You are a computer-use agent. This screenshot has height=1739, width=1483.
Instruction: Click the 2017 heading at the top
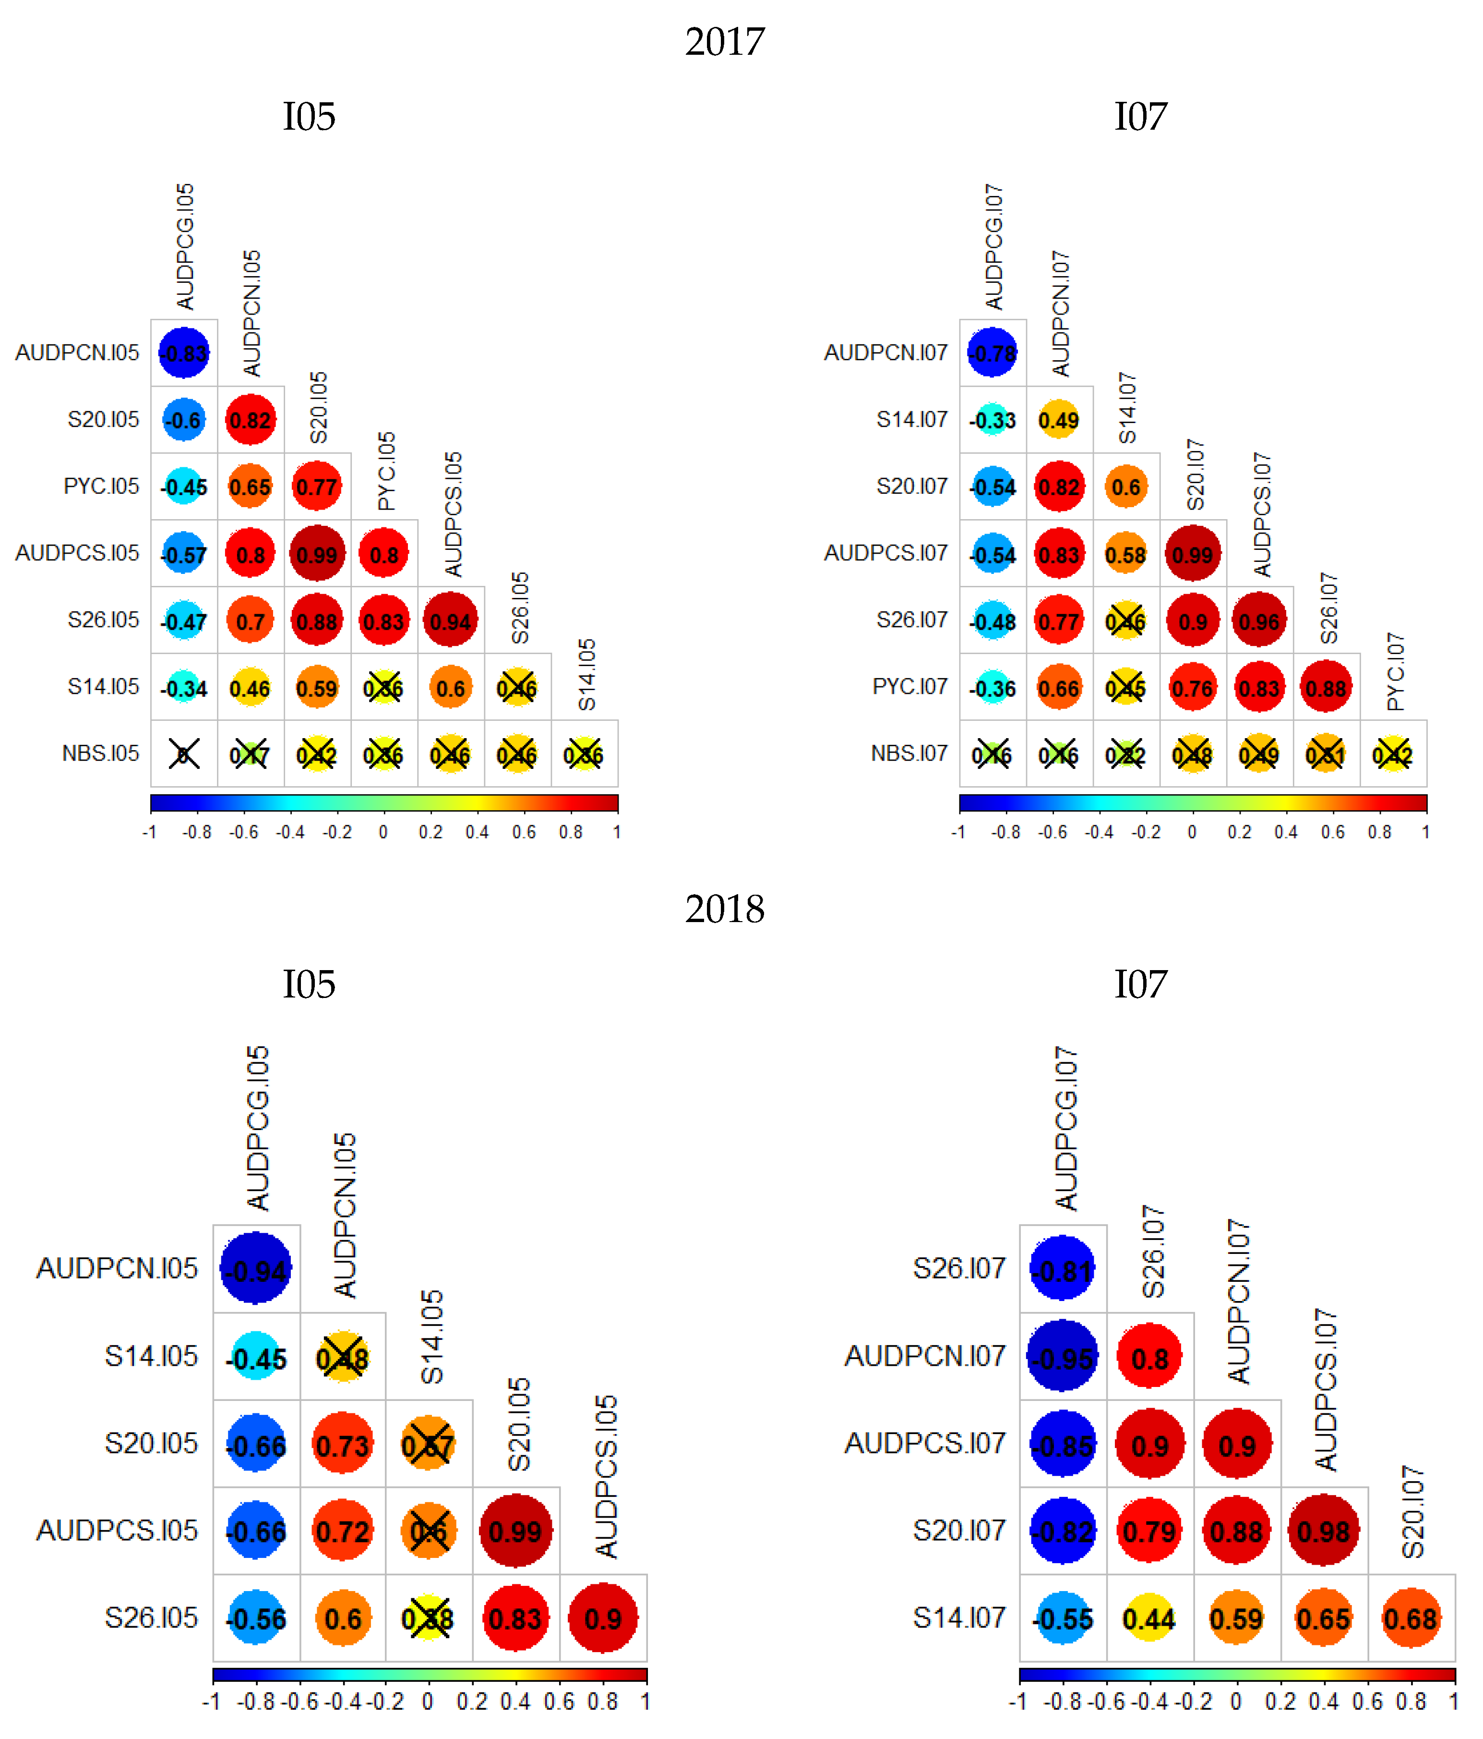(725, 42)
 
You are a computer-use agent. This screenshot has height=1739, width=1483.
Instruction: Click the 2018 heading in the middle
(725, 909)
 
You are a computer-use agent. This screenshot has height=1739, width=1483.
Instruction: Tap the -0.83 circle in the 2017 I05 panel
(184, 353)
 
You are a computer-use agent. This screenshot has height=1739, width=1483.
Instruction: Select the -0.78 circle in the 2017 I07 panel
(993, 353)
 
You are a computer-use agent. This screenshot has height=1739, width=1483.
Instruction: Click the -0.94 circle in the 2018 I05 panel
(256, 1268)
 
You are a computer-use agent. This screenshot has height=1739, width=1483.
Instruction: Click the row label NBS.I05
(101, 753)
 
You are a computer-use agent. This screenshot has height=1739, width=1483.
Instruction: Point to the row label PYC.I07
(909, 687)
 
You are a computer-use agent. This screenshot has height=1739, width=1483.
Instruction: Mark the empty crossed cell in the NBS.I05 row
(184, 753)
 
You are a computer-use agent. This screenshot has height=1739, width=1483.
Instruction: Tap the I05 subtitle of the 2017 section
(309, 117)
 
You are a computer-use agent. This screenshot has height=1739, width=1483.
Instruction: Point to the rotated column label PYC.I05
(386, 472)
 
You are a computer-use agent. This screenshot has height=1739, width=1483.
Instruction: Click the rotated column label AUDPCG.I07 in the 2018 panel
(1065, 1129)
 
